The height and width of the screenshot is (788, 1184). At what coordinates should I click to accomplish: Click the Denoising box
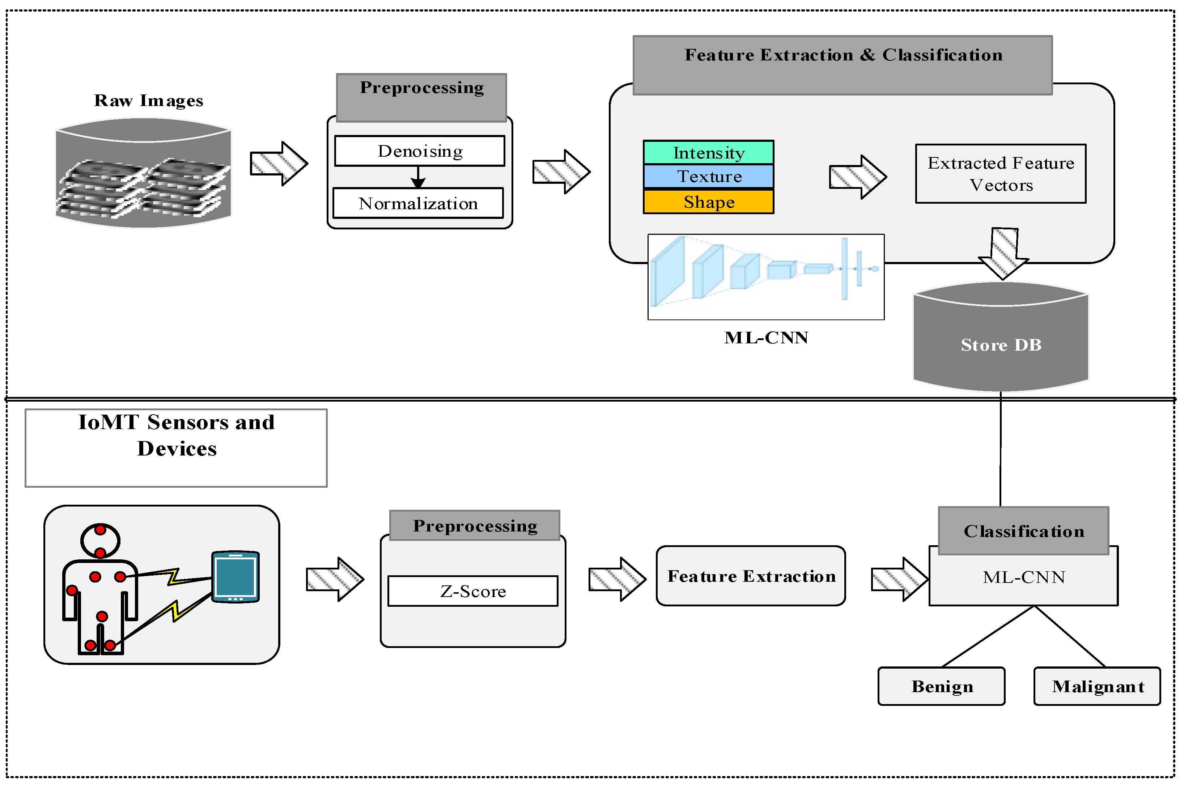pyautogui.click(x=420, y=151)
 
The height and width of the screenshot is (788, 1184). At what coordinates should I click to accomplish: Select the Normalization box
pyautogui.click(x=418, y=203)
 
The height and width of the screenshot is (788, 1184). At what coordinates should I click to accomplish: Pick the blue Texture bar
pyautogui.click(x=708, y=177)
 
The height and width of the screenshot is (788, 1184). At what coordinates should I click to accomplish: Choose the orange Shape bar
pyautogui.click(x=708, y=202)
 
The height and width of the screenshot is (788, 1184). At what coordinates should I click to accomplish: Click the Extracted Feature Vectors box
pyautogui.click(x=1000, y=174)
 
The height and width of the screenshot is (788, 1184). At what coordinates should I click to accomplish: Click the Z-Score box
pyautogui.click(x=473, y=591)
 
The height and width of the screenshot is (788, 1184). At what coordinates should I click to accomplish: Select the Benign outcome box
pyautogui.click(x=941, y=686)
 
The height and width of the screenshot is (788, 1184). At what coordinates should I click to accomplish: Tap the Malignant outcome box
pyautogui.click(x=1097, y=686)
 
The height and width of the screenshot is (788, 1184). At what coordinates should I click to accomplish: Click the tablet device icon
pyautogui.click(x=235, y=577)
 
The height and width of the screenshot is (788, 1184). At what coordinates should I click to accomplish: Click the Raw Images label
pyautogui.click(x=149, y=101)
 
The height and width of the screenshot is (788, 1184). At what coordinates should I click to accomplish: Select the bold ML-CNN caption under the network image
pyautogui.click(x=766, y=338)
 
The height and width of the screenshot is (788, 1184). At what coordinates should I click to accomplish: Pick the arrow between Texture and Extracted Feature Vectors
pyautogui.click(x=857, y=177)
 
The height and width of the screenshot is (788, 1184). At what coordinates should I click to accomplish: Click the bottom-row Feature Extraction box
pyautogui.click(x=751, y=576)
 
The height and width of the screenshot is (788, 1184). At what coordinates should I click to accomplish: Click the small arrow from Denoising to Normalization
pyautogui.click(x=418, y=177)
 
